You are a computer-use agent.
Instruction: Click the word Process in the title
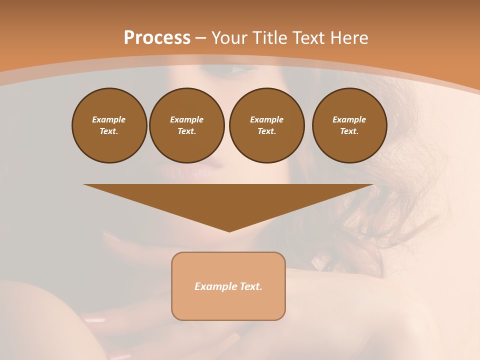click(x=157, y=38)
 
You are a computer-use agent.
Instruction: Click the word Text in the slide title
click(x=306, y=38)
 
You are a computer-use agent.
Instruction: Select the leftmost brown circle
click(x=109, y=125)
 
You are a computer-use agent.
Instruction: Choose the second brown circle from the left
click(x=187, y=125)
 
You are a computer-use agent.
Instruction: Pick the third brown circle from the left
click(x=267, y=125)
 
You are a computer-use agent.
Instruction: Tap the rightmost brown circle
click(x=349, y=125)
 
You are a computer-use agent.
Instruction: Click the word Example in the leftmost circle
click(x=108, y=119)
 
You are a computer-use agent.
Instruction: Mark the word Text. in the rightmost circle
click(x=349, y=131)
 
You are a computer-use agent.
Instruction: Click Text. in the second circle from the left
click(x=187, y=131)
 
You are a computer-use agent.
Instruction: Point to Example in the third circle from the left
click(x=266, y=119)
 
